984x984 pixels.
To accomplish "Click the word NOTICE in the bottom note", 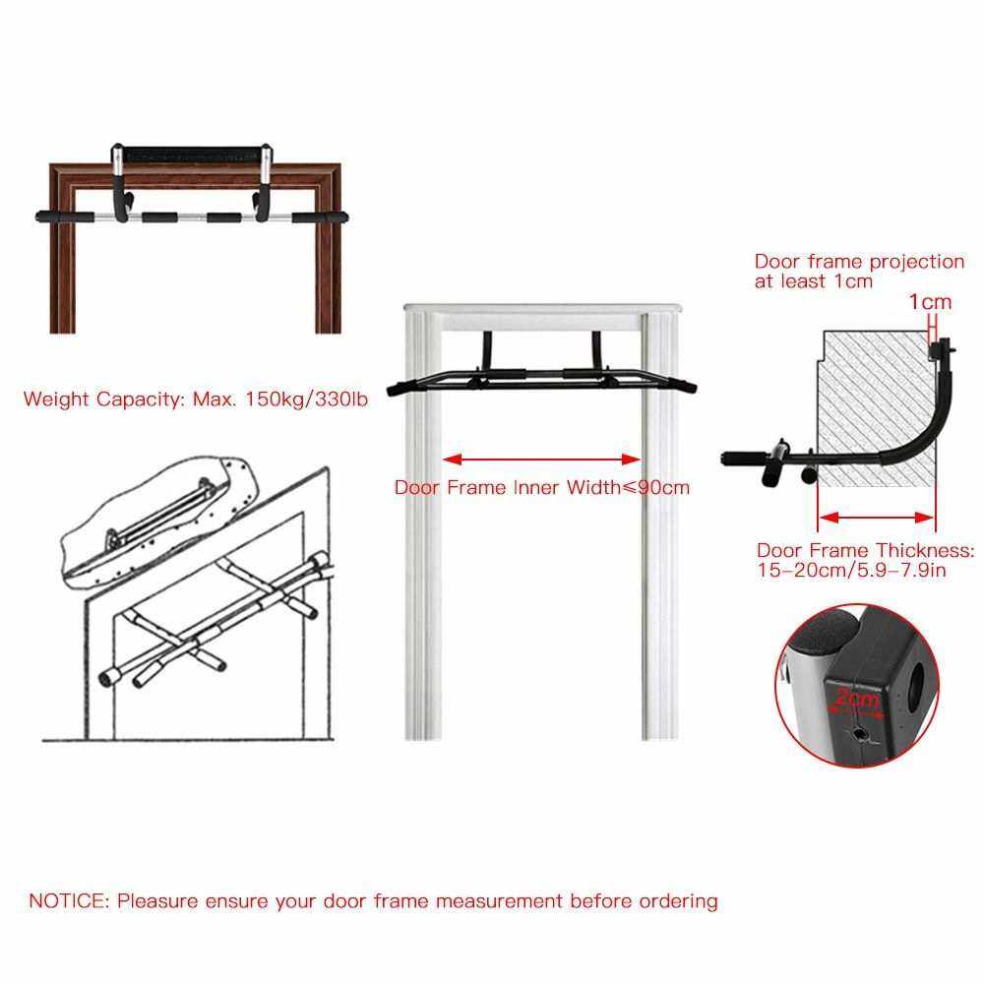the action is coord(69,901).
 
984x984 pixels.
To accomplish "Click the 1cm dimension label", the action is coord(930,302).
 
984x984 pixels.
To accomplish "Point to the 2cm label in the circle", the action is coord(858,697).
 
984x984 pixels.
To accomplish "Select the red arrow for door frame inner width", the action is coord(541,460).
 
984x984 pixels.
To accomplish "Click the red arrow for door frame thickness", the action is coord(877,518).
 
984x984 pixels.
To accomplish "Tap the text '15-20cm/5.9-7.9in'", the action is coord(851,571).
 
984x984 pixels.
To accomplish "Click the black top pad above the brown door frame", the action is coord(192,154).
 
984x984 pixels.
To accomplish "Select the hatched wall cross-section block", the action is coord(876,408).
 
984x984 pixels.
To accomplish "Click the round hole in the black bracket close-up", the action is coord(918,687).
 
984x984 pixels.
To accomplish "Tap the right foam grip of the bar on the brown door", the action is coord(320,217).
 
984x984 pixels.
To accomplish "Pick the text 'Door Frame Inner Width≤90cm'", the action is coord(541,488).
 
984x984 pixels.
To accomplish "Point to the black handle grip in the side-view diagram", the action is coord(743,459).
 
